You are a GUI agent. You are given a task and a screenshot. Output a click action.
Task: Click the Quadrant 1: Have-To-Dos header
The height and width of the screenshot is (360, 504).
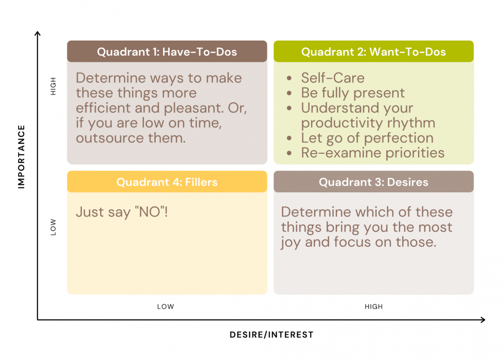pyautogui.click(x=167, y=51)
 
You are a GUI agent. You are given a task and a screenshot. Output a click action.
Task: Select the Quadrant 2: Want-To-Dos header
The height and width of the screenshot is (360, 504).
pyautogui.click(x=373, y=51)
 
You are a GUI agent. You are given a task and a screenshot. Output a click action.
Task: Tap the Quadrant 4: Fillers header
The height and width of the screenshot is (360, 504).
pyautogui.click(x=167, y=182)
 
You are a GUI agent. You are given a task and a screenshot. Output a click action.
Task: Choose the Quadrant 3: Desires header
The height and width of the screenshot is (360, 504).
pyautogui.click(x=373, y=182)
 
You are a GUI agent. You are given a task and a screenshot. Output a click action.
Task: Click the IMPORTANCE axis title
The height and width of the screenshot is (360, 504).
pyautogui.click(x=21, y=156)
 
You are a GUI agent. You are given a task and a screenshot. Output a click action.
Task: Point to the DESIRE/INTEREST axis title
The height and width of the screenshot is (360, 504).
pyautogui.click(x=272, y=335)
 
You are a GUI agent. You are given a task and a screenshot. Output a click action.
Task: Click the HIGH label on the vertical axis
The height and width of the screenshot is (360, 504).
pyautogui.click(x=53, y=86)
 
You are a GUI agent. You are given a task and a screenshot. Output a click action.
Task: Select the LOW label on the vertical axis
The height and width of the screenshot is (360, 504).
pyautogui.click(x=53, y=227)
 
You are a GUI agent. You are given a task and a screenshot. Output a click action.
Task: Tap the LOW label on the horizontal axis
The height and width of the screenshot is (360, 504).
pyautogui.click(x=166, y=307)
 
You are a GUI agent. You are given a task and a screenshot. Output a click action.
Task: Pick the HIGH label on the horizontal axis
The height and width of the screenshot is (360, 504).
pyautogui.click(x=373, y=307)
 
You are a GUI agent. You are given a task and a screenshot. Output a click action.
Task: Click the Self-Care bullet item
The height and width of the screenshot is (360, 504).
pyautogui.click(x=333, y=78)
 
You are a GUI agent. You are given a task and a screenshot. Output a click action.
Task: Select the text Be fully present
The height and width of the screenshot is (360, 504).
pyautogui.click(x=353, y=93)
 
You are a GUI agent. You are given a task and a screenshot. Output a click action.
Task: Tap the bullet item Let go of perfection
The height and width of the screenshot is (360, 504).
pyautogui.click(x=367, y=138)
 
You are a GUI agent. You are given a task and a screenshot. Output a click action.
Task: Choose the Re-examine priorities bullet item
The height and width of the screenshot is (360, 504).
pyautogui.click(x=372, y=153)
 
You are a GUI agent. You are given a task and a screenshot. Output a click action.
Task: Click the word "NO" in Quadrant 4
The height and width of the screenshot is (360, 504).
pyautogui.click(x=150, y=212)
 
